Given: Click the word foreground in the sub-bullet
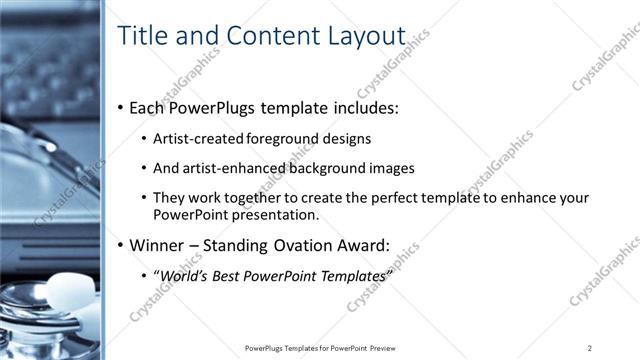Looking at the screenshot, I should point(280,139).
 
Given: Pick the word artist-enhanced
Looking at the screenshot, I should point(224,169).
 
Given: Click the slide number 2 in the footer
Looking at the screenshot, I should point(590,347).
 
